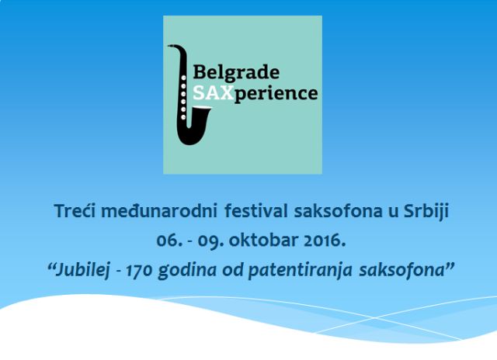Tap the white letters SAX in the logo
pyautogui.click(x=214, y=93)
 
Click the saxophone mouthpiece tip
pyautogui.click(x=169, y=47)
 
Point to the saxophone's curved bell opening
pyautogui.click(x=200, y=109)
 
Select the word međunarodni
pyautogui.click(x=159, y=211)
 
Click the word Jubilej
pyautogui.click(x=82, y=271)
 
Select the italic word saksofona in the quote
pyautogui.click(x=402, y=271)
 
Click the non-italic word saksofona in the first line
pyautogui.click(x=338, y=211)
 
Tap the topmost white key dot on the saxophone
pyautogui.click(x=183, y=78)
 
